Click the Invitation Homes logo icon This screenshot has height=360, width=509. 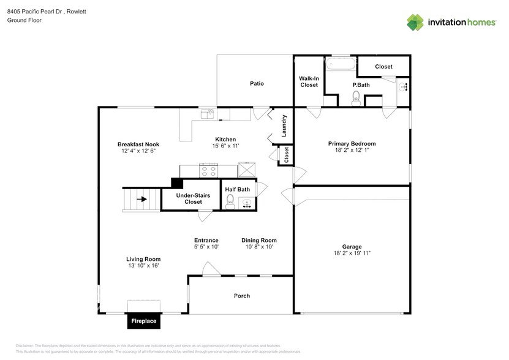click(415, 22)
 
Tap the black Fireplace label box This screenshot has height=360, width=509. click(142, 321)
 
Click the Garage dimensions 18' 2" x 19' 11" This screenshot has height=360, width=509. click(352, 253)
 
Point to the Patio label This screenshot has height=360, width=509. click(256, 83)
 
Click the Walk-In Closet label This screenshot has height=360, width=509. click(309, 81)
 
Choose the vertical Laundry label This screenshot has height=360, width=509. click(284, 125)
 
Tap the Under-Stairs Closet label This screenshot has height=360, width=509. click(193, 198)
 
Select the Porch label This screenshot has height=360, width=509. click(242, 296)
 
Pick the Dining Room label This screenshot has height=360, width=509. click(258, 240)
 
